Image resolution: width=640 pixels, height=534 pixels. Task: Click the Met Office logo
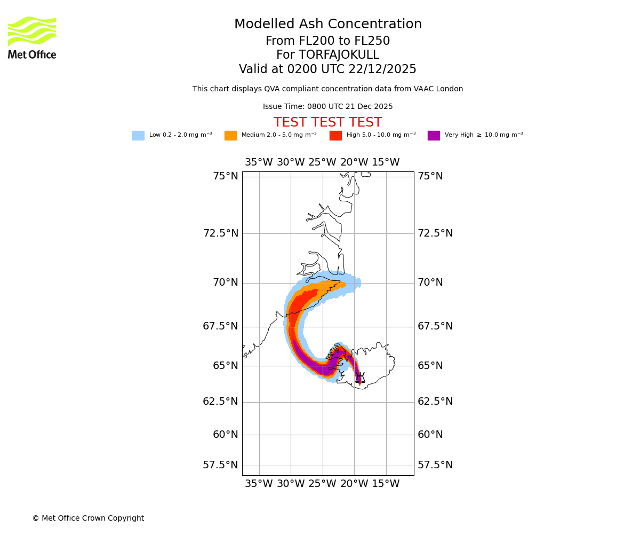pyautogui.click(x=32, y=37)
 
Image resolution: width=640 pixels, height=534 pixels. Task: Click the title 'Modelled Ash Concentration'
pyautogui.click(x=327, y=25)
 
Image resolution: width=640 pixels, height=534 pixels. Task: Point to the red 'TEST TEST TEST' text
pyautogui.click(x=327, y=122)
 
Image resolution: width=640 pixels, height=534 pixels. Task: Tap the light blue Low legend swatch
pyautogui.click(x=138, y=136)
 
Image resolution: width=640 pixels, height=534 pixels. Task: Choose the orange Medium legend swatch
pyautogui.click(x=230, y=136)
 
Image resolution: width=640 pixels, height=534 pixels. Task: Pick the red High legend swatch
pyautogui.click(x=335, y=136)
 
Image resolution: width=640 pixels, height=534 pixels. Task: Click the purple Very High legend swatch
pyautogui.click(x=434, y=136)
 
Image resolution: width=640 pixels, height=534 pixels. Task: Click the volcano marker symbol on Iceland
pyautogui.click(x=361, y=378)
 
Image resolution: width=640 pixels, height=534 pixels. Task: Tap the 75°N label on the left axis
pyautogui.click(x=226, y=176)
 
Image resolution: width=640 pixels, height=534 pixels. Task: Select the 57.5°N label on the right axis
pyautogui.click(x=435, y=465)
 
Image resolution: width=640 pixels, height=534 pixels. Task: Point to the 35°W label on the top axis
pyautogui.click(x=259, y=162)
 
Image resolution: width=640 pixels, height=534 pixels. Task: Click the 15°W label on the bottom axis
pyautogui.click(x=386, y=484)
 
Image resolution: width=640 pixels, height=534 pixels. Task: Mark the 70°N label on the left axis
pyautogui.click(x=226, y=282)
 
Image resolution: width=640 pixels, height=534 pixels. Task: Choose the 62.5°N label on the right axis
pyautogui.click(x=435, y=402)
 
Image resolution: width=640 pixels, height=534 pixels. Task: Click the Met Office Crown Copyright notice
pyautogui.click(x=88, y=518)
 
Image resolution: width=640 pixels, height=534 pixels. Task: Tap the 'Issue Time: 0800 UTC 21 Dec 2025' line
pyautogui.click(x=327, y=107)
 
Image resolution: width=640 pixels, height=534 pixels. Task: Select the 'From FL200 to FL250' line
pyautogui.click(x=327, y=41)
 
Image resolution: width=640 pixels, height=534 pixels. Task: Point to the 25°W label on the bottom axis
pyautogui.click(x=322, y=484)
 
